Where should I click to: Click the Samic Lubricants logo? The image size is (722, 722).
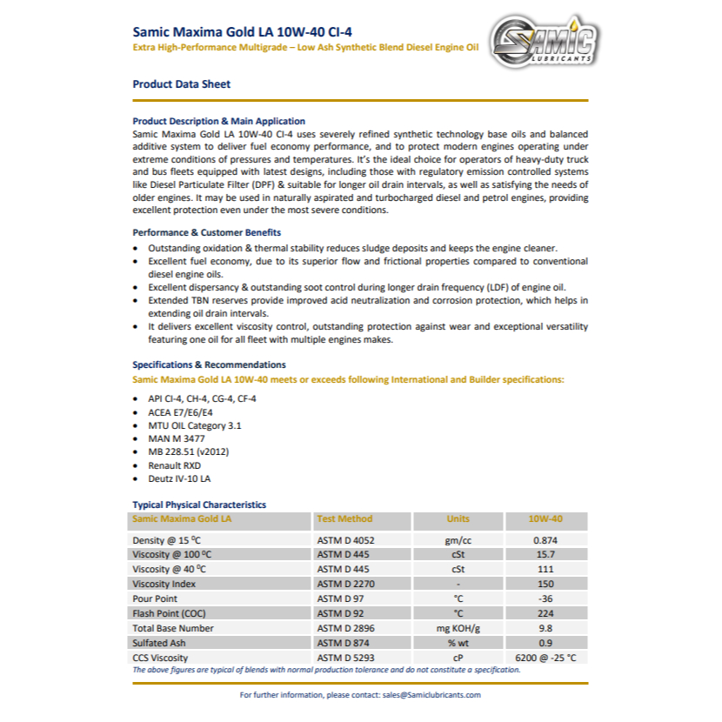click(543, 41)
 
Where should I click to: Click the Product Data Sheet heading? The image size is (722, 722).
click(181, 84)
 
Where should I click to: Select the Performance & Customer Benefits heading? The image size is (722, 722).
click(206, 233)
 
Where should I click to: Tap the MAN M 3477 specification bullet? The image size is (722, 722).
click(178, 438)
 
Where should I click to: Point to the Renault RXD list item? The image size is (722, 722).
click(174, 465)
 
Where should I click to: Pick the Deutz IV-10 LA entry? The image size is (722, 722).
click(179, 478)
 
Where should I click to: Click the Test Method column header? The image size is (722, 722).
click(344, 519)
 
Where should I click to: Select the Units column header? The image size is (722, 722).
click(458, 519)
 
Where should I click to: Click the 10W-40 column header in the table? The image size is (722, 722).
click(545, 519)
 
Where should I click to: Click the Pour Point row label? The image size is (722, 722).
click(155, 598)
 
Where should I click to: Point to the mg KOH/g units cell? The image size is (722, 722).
click(458, 628)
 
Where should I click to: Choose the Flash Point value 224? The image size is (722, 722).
click(545, 613)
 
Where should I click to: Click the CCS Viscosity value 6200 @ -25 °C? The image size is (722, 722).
click(545, 658)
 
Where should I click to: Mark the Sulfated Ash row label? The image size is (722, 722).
click(160, 643)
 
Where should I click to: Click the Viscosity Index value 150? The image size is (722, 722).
click(545, 585)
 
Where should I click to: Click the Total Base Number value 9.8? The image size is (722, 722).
click(545, 628)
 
